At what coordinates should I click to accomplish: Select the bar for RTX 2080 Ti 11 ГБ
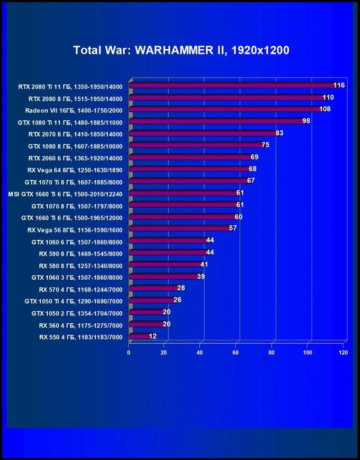click(233, 85)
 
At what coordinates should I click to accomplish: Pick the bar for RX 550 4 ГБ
click(140, 336)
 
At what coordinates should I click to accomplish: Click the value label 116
click(339, 85)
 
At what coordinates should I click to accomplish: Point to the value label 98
click(306, 121)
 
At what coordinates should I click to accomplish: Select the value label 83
click(279, 133)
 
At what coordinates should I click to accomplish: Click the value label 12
click(153, 336)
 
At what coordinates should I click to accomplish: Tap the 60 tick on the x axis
click(235, 353)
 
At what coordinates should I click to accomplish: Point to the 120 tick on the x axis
click(343, 353)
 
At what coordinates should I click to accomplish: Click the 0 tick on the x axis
click(129, 353)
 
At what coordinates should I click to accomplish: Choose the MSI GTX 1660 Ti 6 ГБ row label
click(65, 194)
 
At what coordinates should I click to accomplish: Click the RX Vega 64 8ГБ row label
click(75, 170)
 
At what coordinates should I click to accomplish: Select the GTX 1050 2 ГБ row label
click(77, 314)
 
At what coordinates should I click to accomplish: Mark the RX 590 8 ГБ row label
click(81, 254)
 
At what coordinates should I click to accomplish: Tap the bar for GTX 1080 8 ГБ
click(197, 145)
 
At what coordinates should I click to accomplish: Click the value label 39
click(201, 276)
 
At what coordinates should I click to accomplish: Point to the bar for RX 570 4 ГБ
click(154, 288)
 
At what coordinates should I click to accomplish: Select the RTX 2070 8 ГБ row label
click(75, 134)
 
